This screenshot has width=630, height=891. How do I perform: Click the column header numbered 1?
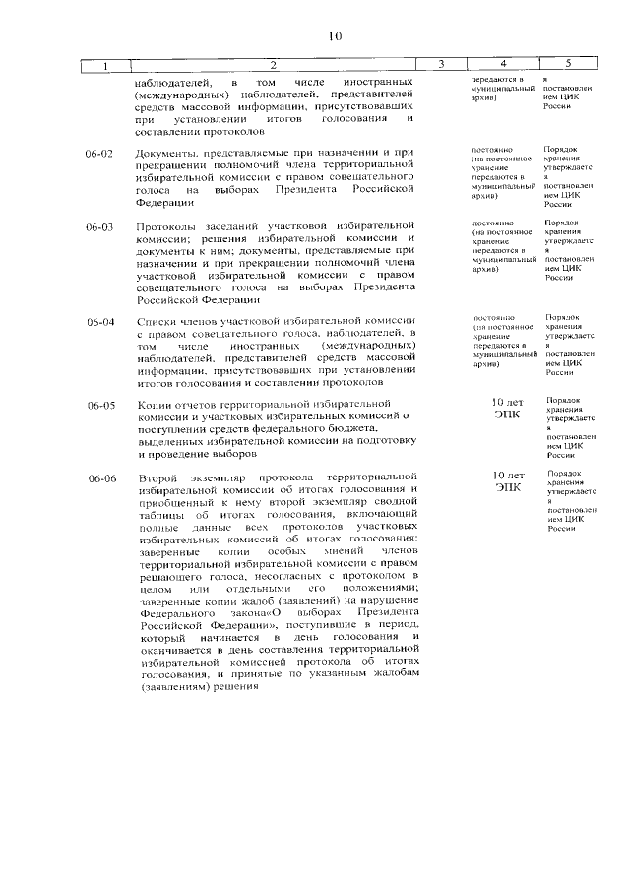pyautogui.click(x=105, y=65)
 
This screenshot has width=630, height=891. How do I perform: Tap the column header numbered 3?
pyautogui.click(x=441, y=65)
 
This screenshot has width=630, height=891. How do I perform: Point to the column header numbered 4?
pyautogui.click(x=503, y=65)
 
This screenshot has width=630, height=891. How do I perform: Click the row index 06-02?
pyautogui.click(x=100, y=155)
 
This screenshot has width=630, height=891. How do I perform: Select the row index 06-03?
pyautogui.click(x=100, y=227)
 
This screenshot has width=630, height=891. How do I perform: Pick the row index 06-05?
pyautogui.click(x=100, y=405)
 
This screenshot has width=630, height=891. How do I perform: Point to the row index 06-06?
pyautogui.click(x=100, y=478)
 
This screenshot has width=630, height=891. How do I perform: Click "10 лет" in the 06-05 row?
pyautogui.click(x=509, y=403)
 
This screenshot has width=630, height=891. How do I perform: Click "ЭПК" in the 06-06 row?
pyautogui.click(x=509, y=487)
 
